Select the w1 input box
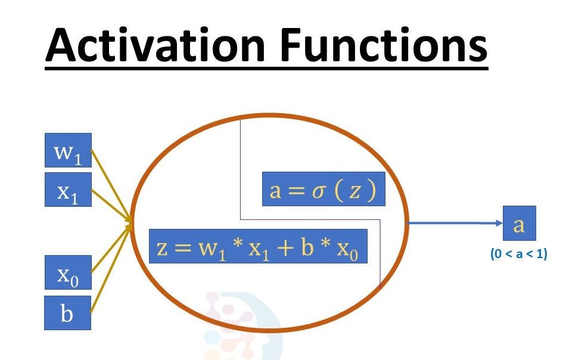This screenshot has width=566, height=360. [x=68, y=151]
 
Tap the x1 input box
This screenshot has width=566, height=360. [x=68, y=190]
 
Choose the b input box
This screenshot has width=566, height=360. [x=68, y=313]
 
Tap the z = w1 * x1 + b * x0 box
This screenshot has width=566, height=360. [x=257, y=246]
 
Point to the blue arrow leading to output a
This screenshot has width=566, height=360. [x=453, y=224]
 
